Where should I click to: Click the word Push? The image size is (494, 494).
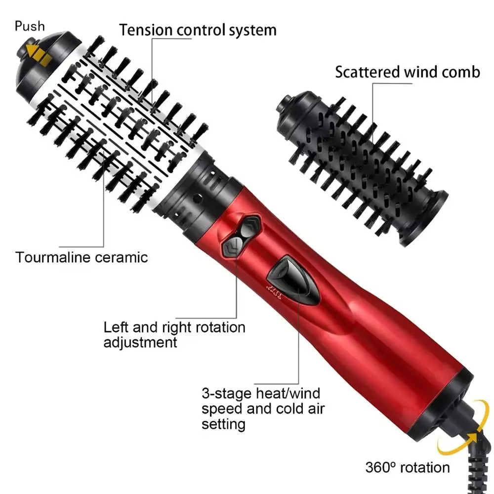(30, 26)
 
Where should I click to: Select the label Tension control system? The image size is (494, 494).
(198, 30)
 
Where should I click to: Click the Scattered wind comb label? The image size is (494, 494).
(407, 72)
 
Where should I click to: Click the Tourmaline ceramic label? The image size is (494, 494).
(82, 257)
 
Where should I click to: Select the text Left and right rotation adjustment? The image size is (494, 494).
(174, 334)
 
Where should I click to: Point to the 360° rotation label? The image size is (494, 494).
(408, 467)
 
